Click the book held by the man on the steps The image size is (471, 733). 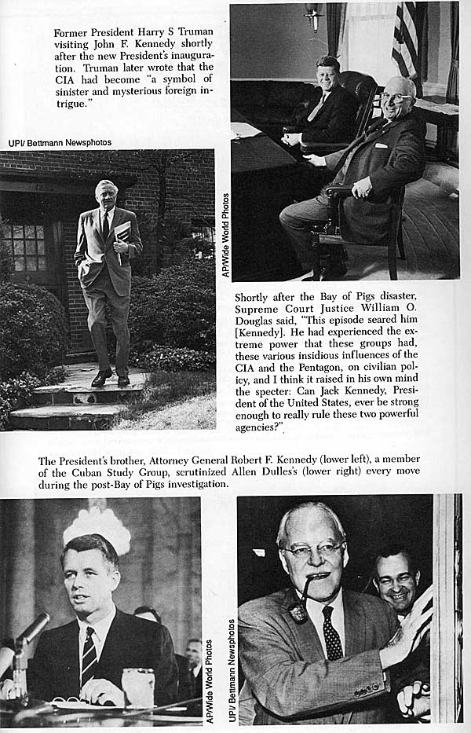[x=122, y=233]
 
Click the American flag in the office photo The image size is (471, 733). [x=407, y=39]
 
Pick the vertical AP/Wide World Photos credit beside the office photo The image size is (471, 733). [x=225, y=235]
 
